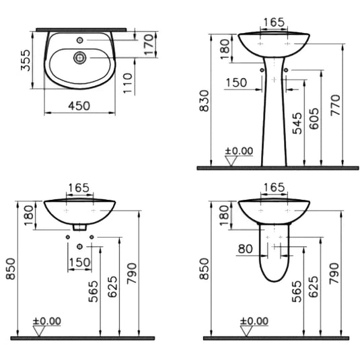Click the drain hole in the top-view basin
point(79,58)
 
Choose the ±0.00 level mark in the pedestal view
point(239,152)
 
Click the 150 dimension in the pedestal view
point(236,82)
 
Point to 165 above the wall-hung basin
point(79,188)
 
